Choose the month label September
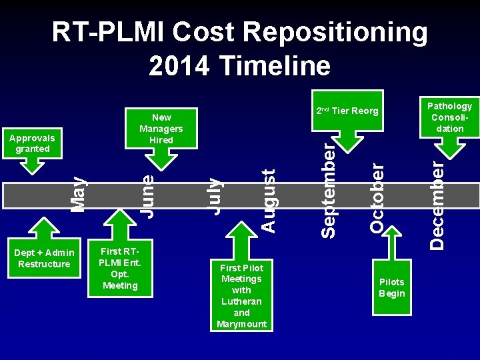click(x=327, y=189)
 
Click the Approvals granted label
click(x=33, y=143)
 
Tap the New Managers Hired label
click(x=161, y=129)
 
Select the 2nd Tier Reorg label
click(x=347, y=111)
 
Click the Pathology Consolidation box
click(x=449, y=117)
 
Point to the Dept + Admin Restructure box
click(x=44, y=258)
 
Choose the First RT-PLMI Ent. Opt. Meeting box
click(x=120, y=269)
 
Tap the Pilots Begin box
click(x=391, y=287)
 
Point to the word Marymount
click(x=241, y=324)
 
